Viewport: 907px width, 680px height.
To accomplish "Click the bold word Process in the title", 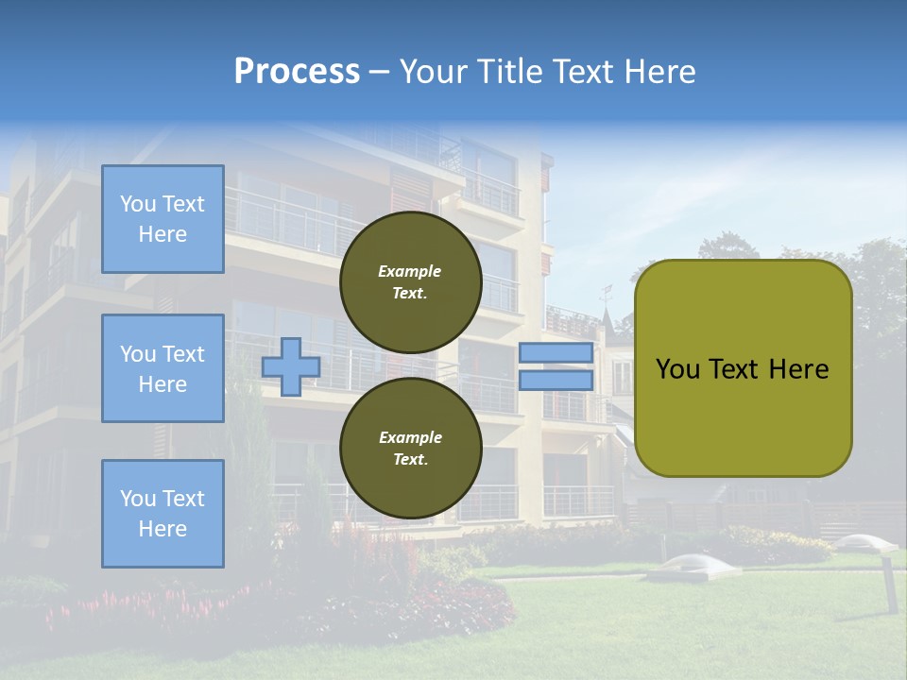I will pyautogui.click(x=297, y=71).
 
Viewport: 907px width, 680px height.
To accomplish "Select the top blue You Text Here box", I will pyautogui.click(x=163, y=219).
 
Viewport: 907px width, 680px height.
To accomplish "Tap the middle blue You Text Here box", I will pyautogui.click(x=163, y=368).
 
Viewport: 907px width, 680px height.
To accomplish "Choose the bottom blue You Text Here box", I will pyautogui.click(x=163, y=513).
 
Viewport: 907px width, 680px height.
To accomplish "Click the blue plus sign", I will pyautogui.click(x=291, y=366).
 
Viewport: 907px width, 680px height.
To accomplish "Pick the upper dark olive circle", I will pyautogui.click(x=410, y=282).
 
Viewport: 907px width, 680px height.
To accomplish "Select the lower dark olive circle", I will pyautogui.click(x=410, y=449).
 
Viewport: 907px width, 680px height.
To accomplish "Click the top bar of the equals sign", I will pyautogui.click(x=556, y=353).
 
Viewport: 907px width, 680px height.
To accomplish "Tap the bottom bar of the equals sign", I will pyautogui.click(x=556, y=381).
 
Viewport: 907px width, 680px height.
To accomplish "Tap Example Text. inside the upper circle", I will pyautogui.click(x=410, y=282).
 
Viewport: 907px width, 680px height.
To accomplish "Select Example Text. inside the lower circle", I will pyautogui.click(x=410, y=449).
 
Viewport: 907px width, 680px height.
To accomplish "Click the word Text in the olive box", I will pyautogui.click(x=741, y=368).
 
